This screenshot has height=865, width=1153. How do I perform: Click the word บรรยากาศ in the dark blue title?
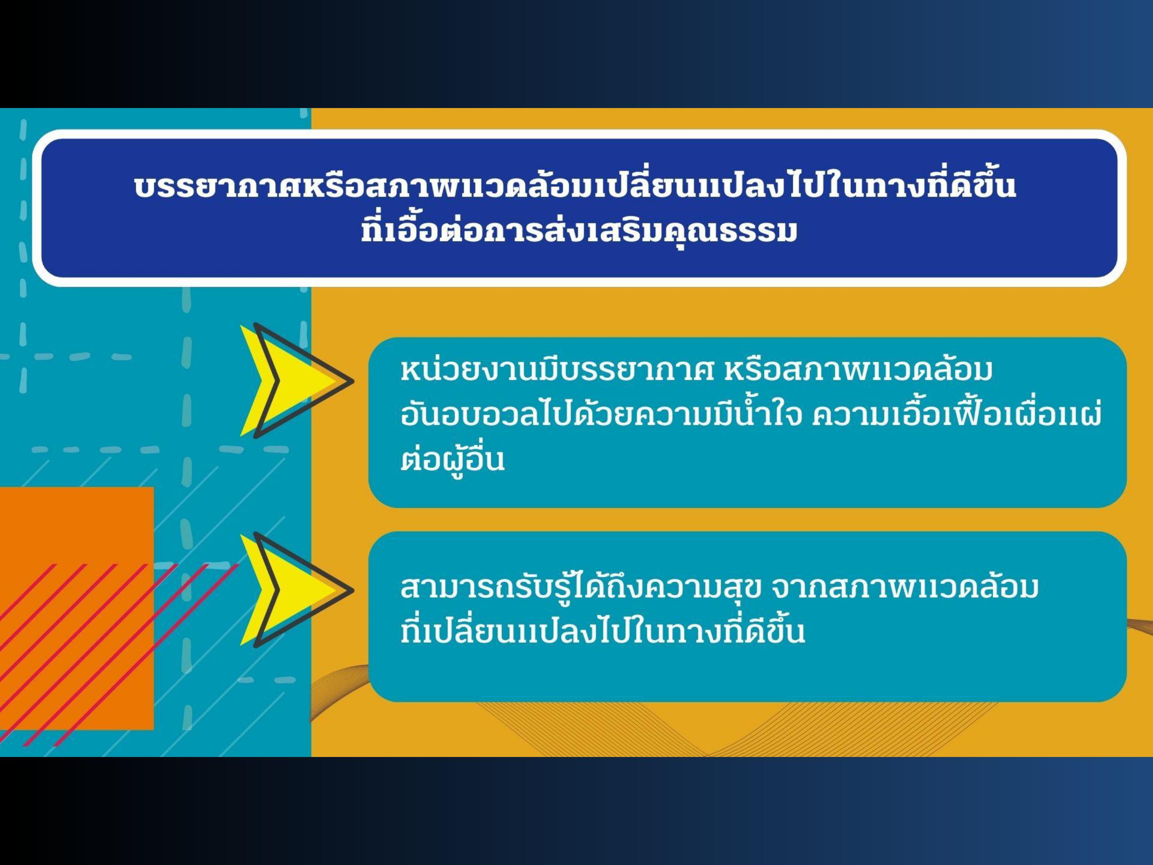pos(221,188)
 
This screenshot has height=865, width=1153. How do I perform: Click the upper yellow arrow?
pos(296,381)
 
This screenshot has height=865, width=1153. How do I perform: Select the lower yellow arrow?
pos(296,590)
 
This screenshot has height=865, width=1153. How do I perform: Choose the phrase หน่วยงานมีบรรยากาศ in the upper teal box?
pos(557,370)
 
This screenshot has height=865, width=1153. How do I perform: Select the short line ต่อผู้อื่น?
pos(452,458)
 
